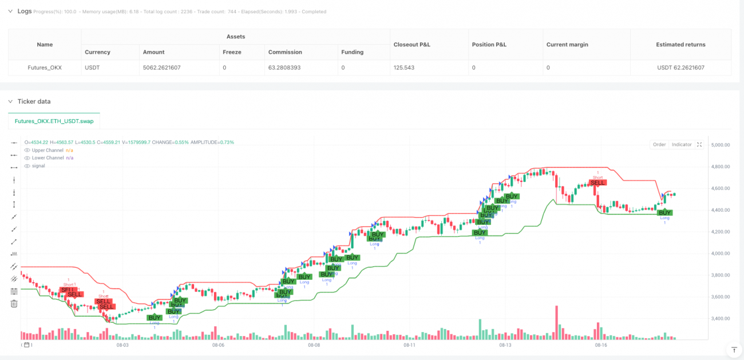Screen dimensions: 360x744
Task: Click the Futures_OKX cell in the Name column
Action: pyautogui.click(x=45, y=68)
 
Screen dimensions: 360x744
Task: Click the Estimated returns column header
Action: pyautogui.click(x=680, y=44)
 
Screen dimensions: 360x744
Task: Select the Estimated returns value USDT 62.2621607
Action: pyautogui.click(x=680, y=68)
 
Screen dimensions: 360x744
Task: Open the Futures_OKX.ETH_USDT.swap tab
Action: pyautogui.click(x=54, y=121)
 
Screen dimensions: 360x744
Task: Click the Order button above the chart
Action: pyautogui.click(x=659, y=145)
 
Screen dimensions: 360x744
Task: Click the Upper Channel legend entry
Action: pyautogui.click(x=48, y=150)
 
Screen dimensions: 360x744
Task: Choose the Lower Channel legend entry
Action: pyautogui.click(x=48, y=158)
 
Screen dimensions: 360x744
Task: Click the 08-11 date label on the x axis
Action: pyautogui.click(x=409, y=345)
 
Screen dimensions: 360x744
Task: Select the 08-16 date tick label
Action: pyautogui.click(x=600, y=345)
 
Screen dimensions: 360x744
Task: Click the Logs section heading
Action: pyautogui.click(x=25, y=11)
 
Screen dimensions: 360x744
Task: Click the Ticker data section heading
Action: pyautogui.click(x=34, y=101)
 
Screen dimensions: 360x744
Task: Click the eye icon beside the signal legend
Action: pyautogui.click(x=27, y=166)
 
